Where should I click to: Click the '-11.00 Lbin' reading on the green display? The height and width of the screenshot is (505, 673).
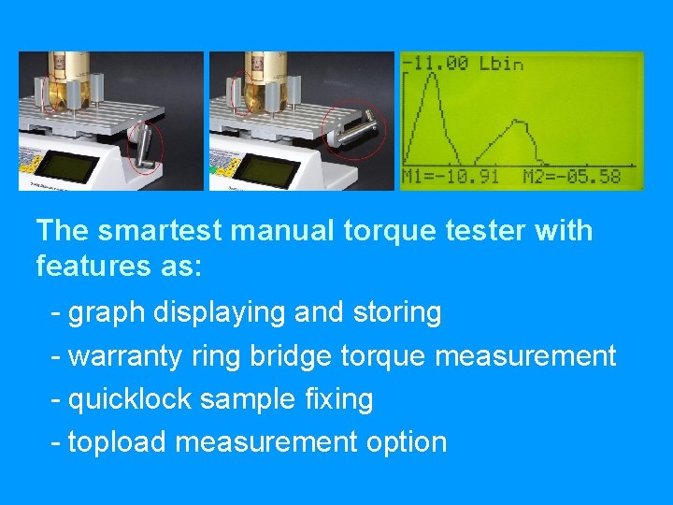[x=463, y=65]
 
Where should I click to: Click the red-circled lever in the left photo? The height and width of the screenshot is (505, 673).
[x=144, y=150]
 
